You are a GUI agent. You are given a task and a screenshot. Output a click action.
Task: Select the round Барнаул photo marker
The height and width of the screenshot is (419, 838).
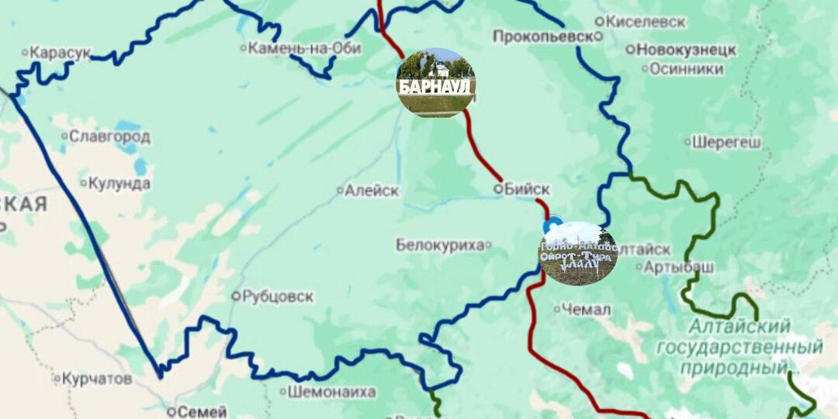[435, 82]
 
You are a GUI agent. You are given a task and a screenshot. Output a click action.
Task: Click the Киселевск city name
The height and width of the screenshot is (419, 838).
[646, 22]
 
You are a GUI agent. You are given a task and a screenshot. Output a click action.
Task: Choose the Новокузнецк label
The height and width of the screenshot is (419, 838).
[686, 50]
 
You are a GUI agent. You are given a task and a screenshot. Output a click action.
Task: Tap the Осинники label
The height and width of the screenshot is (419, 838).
[686, 69]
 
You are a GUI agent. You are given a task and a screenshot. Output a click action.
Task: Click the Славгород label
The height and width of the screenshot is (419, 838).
[109, 137]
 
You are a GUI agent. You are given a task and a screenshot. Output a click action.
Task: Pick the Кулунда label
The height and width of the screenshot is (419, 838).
[119, 184]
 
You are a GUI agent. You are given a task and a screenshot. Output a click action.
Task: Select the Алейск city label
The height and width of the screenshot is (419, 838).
[372, 190]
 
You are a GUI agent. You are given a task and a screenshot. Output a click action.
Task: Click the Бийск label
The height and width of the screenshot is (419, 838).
[526, 189]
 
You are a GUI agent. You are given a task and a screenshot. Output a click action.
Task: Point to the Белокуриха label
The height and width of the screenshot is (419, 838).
[440, 245]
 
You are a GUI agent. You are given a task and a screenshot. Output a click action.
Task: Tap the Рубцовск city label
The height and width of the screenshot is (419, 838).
[277, 296]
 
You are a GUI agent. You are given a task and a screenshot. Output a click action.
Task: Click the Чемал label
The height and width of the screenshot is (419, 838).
[586, 310]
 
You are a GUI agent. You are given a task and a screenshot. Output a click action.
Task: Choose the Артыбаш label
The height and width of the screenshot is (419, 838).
[674, 266]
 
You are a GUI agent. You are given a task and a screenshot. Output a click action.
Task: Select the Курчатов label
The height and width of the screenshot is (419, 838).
[97, 379]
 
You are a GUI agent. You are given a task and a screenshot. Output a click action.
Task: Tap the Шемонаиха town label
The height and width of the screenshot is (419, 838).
[331, 392]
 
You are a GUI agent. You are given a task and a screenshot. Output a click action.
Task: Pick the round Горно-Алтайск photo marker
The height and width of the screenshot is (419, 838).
[579, 253]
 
